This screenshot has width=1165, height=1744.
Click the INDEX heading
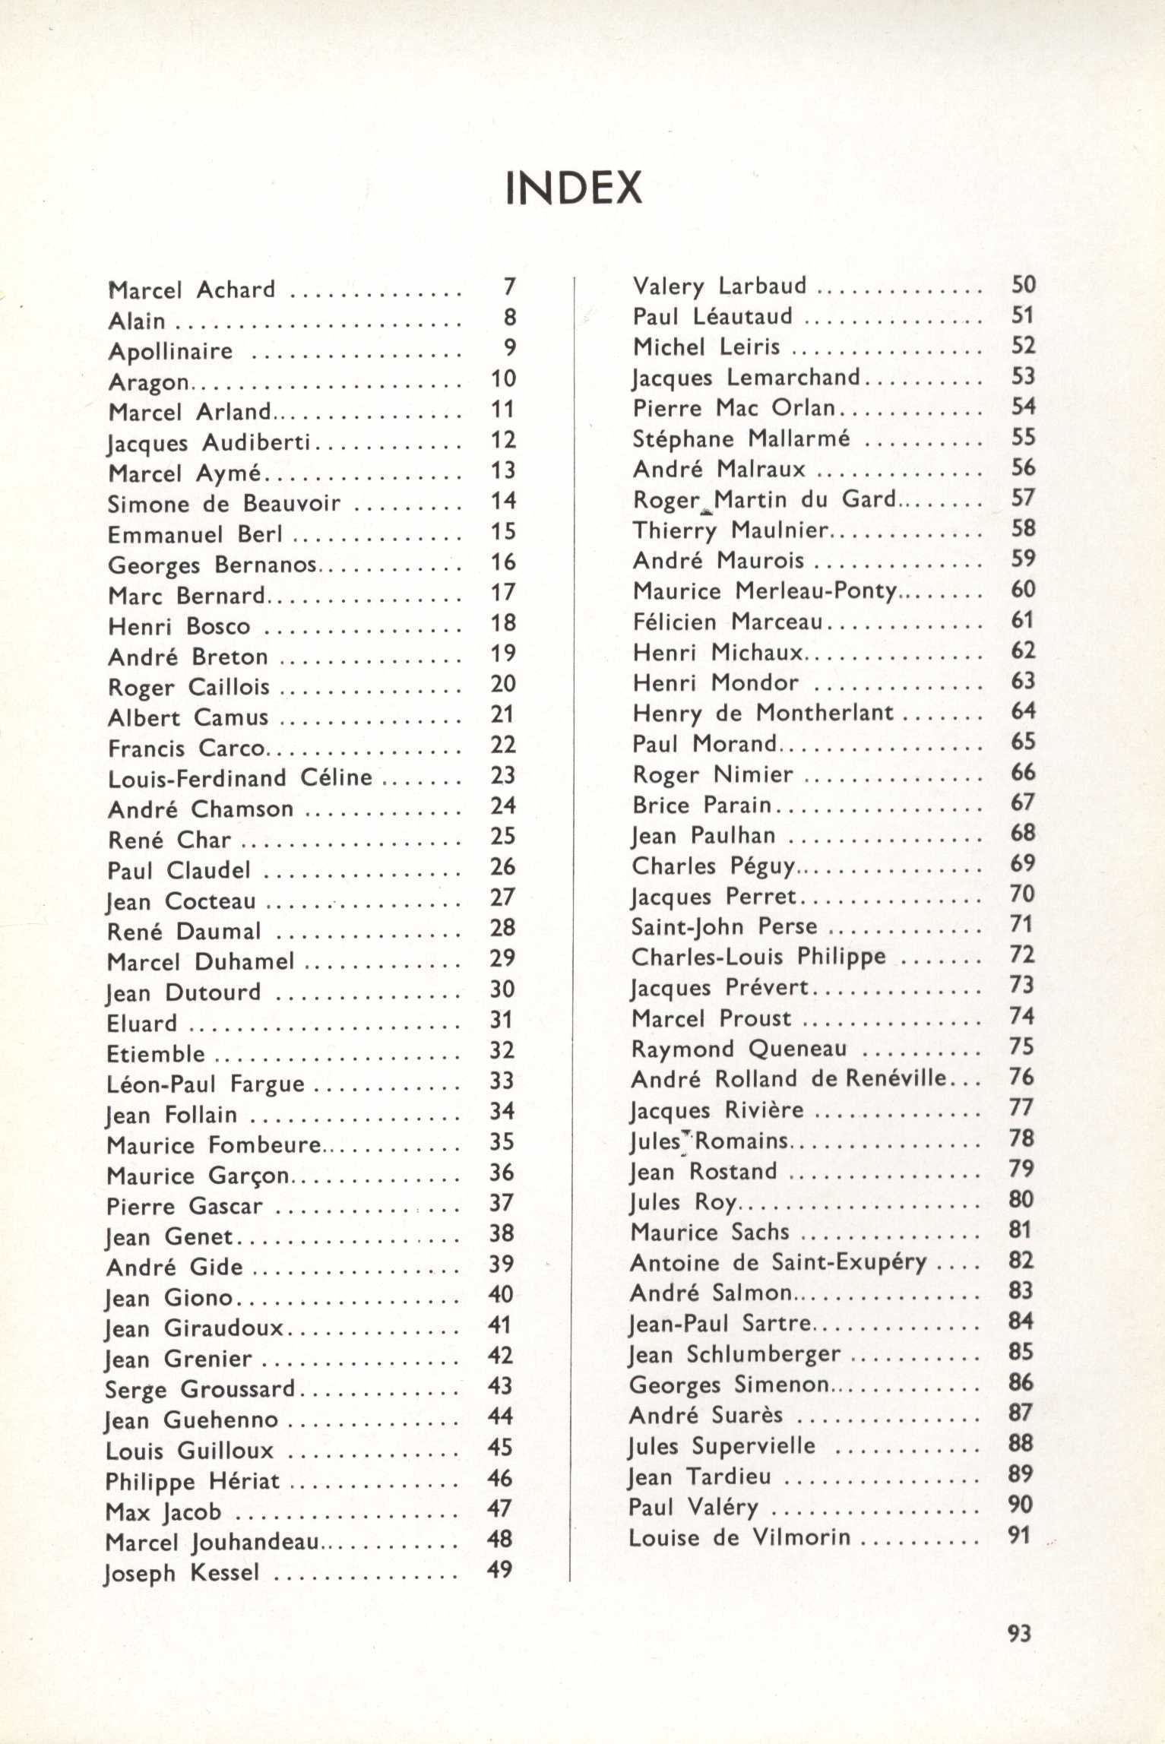574,188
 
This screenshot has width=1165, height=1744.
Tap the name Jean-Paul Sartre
720,1323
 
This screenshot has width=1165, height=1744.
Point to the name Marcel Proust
711,1018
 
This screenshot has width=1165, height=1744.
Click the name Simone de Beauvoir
224,504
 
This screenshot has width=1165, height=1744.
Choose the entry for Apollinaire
170,351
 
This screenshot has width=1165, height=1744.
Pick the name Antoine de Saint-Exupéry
778,1262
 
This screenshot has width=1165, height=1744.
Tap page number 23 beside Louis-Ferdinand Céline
503,775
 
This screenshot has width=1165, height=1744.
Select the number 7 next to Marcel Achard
509,287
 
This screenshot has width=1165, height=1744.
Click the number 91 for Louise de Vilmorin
1018,1536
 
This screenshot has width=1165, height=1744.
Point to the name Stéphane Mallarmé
742,438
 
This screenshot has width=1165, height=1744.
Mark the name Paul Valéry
693,1507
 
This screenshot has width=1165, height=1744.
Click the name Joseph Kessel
182,1571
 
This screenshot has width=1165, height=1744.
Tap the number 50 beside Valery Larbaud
1024,285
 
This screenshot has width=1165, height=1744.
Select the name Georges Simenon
728,1385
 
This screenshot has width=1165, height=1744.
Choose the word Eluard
141,1024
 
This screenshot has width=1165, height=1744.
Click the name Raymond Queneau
739,1049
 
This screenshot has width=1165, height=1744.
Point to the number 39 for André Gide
502,1263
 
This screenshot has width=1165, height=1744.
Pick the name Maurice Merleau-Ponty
765,590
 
